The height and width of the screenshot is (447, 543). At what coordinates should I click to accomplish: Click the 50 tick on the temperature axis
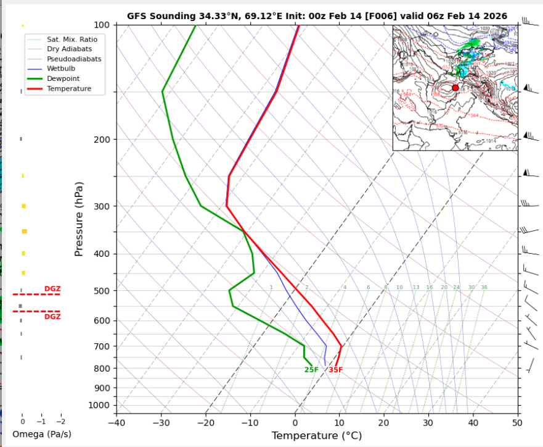(x=516, y=422)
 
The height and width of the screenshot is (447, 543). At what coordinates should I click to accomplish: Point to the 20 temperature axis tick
(x=383, y=422)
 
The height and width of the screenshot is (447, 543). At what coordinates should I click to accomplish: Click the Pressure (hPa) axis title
(x=79, y=219)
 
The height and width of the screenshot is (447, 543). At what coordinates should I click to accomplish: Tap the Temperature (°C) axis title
(x=316, y=436)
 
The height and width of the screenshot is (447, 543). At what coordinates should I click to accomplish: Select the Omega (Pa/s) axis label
(x=41, y=434)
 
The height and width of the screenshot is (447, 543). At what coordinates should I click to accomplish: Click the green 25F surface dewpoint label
(x=311, y=370)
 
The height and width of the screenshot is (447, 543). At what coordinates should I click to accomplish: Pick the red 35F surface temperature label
(x=335, y=370)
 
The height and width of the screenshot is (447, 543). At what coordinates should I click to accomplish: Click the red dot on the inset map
(x=455, y=88)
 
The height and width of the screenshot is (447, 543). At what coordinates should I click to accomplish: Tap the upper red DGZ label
(x=52, y=289)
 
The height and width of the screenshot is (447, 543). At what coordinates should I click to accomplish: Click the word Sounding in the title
(x=166, y=16)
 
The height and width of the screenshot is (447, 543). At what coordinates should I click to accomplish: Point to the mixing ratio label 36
(x=484, y=288)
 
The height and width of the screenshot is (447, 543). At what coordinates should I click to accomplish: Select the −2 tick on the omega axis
(x=60, y=422)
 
